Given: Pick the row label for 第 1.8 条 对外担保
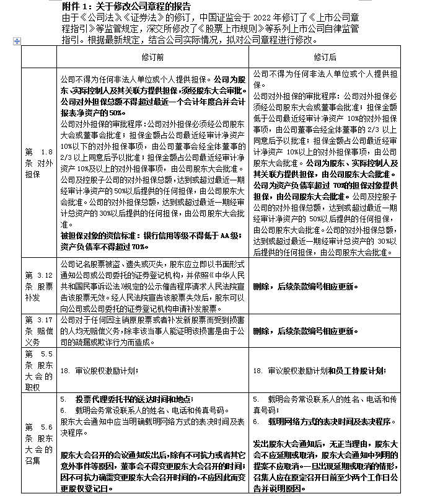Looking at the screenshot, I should tap(38, 162).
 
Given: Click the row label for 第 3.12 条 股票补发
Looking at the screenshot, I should tap(38, 287).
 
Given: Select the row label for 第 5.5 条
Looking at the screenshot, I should tap(38, 370).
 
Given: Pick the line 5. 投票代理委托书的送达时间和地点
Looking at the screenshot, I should tap(134, 399).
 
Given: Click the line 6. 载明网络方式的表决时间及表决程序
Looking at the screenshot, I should tap(327, 421).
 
